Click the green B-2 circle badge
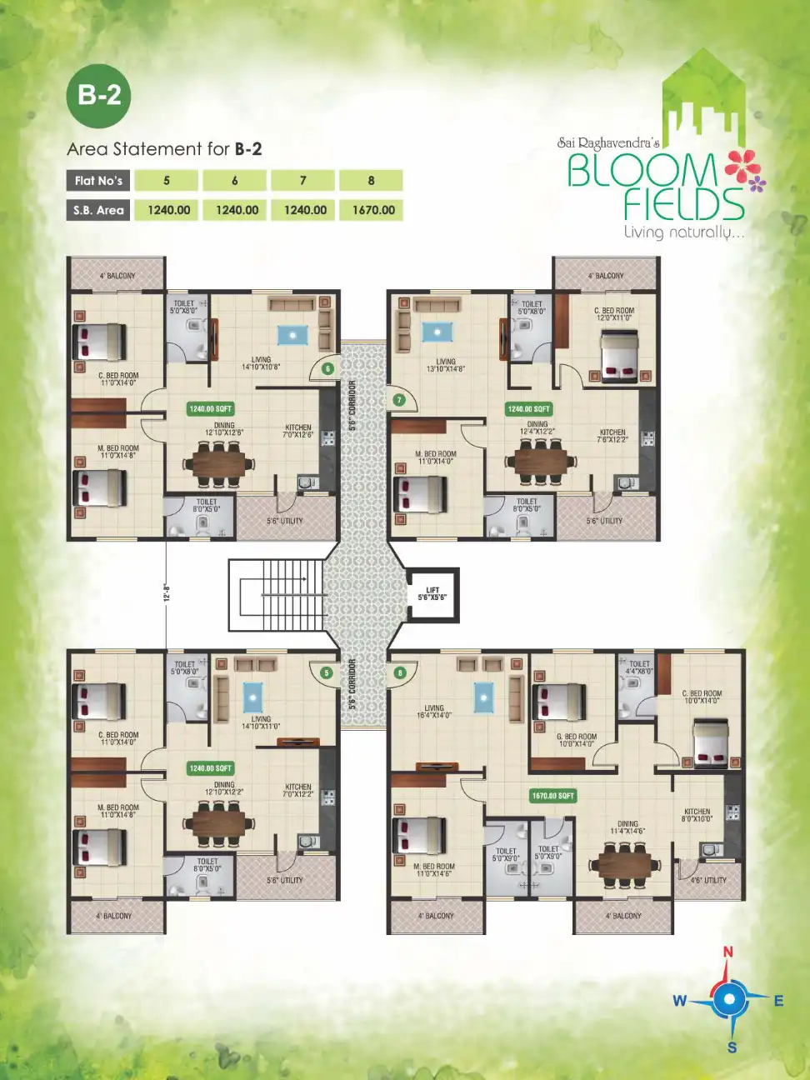point(99,95)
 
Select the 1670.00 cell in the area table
point(372,210)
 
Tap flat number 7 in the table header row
point(303,181)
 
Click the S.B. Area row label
point(98,210)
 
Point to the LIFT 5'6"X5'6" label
point(432,593)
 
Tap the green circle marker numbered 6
point(327,368)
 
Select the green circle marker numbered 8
point(400,672)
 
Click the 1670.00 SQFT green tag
point(553,796)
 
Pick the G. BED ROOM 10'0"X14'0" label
point(577,740)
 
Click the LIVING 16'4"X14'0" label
point(434,711)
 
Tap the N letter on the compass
point(728,952)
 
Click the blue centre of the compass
point(729,998)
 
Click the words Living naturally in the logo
point(683,232)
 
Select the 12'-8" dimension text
point(167,592)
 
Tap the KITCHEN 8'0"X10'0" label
point(697,815)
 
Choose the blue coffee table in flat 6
point(292,335)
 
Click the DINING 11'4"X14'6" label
point(627,827)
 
